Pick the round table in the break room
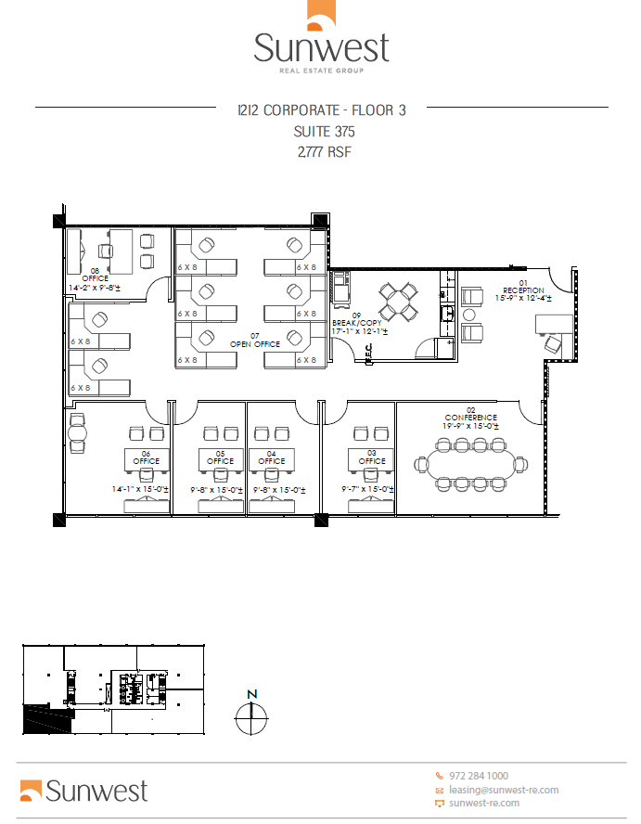click(x=399, y=300)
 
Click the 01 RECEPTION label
click(x=523, y=286)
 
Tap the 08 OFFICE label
click(x=94, y=275)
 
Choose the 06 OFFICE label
click(x=146, y=457)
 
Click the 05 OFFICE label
click(x=221, y=457)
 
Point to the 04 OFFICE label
click(x=272, y=457)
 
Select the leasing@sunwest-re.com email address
click(x=503, y=790)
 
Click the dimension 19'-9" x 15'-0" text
click(x=470, y=425)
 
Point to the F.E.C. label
click(x=368, y=351)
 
